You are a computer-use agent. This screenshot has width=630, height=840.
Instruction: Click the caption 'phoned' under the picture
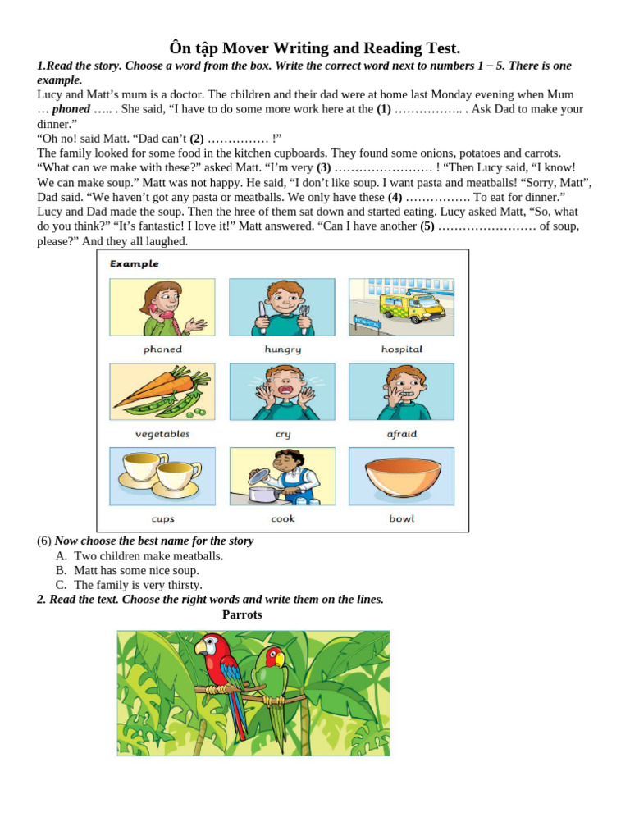tap(162, 349)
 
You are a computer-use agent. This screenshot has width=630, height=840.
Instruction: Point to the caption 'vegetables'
tap(162, 434)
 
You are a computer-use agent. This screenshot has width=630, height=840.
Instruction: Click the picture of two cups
tap(162, 476)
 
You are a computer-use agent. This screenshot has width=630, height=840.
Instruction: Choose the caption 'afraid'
tap(402, 434)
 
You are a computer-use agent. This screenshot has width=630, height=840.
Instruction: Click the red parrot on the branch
tap(222, 673)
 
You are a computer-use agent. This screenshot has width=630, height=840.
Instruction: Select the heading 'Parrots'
tap(242, 614)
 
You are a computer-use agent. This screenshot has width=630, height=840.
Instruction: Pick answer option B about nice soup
tap(136, 570)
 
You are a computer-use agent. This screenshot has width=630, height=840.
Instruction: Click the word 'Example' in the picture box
tap(135, 264)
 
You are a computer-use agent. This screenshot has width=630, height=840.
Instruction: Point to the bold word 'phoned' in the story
tap(71, 109)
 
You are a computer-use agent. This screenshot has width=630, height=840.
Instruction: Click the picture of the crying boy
tap(282, 392)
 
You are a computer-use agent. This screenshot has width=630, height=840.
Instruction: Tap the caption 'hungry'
tap(282, 349)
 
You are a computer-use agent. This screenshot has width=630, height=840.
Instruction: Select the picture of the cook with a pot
tap(282, 477)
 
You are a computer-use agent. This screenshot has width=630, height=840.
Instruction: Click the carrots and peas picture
tap(162, 391)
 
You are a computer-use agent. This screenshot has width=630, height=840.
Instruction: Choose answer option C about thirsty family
tap(138, 585)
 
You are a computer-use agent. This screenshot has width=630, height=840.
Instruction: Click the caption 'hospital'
tap(402, 349)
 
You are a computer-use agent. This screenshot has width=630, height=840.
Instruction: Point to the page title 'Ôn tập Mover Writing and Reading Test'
tap(314, 48)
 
